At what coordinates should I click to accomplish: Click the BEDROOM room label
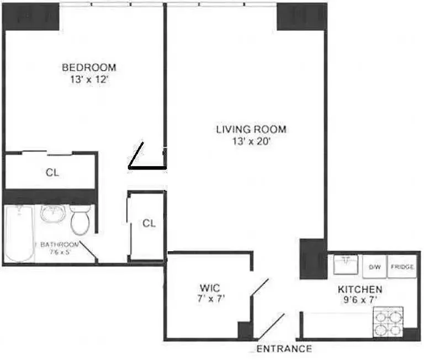click(89, 67)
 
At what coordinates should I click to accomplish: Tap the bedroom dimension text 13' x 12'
click(89, 78)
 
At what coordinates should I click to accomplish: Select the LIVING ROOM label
click(251, 130)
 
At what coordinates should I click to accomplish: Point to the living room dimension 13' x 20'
click(251, 141)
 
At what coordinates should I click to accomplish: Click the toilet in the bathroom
click(81, 220)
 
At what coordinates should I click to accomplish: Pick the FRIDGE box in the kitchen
click(402, 267)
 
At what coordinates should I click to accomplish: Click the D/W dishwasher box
click(375, 267)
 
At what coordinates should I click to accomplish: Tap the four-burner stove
click(389, 322)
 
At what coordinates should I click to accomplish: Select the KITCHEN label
click(360, 289)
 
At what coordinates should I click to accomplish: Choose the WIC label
click(210, 288)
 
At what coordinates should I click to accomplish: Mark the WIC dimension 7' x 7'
click(210, 299)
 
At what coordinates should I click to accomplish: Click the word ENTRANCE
click(284, 349)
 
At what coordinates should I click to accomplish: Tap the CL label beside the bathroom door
click(149, 224)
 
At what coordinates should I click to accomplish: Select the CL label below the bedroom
click(52, 172)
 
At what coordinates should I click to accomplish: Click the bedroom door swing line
click(136, 155)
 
